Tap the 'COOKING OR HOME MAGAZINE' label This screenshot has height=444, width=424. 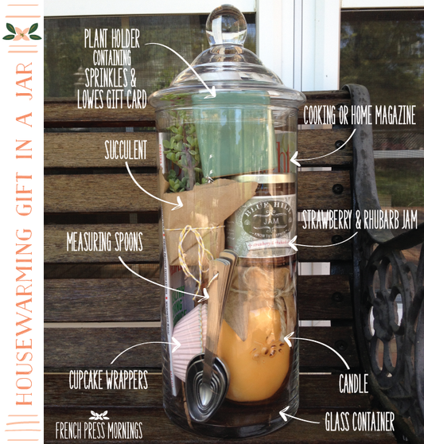pos(359,116)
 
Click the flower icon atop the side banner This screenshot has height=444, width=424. pos(19,32)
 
